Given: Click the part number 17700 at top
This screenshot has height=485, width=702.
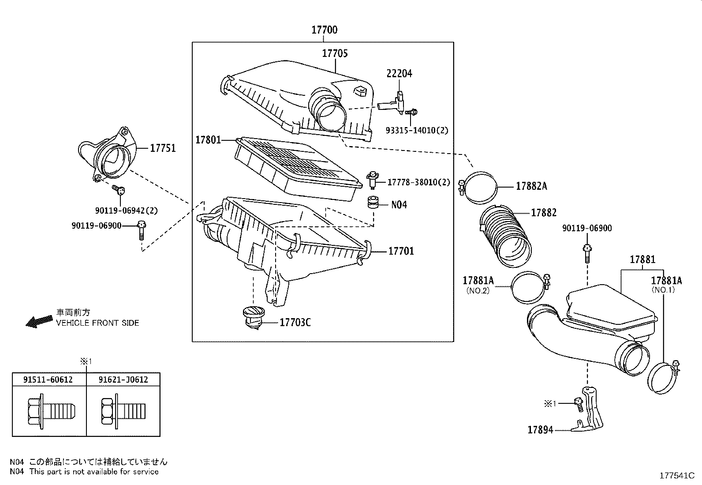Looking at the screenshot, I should (324, 30).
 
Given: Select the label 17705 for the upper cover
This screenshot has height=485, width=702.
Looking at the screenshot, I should (335, 53).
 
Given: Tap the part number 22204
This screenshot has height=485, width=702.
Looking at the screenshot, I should (399, 74).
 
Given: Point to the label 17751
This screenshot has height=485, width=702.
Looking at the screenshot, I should (163, 148).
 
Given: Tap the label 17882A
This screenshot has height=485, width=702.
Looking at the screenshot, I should (531, 186).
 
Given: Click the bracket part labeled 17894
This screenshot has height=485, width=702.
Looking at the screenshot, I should (591, 410).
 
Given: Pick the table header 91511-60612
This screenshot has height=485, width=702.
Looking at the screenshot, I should (49, 380).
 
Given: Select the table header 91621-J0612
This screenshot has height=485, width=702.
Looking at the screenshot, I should (123, 380).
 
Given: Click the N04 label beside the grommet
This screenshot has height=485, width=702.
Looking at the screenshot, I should (399, 205).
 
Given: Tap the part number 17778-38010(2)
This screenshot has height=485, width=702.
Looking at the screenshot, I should (419, 182).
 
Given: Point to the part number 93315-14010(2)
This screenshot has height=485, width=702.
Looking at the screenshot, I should (417, 131).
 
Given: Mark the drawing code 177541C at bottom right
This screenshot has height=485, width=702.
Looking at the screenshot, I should (677, 475).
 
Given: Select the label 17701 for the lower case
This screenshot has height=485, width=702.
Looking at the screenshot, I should (401, 252).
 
